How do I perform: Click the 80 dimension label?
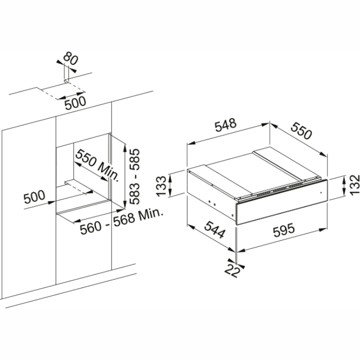point(71,60)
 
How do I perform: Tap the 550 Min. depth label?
point(97,166)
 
